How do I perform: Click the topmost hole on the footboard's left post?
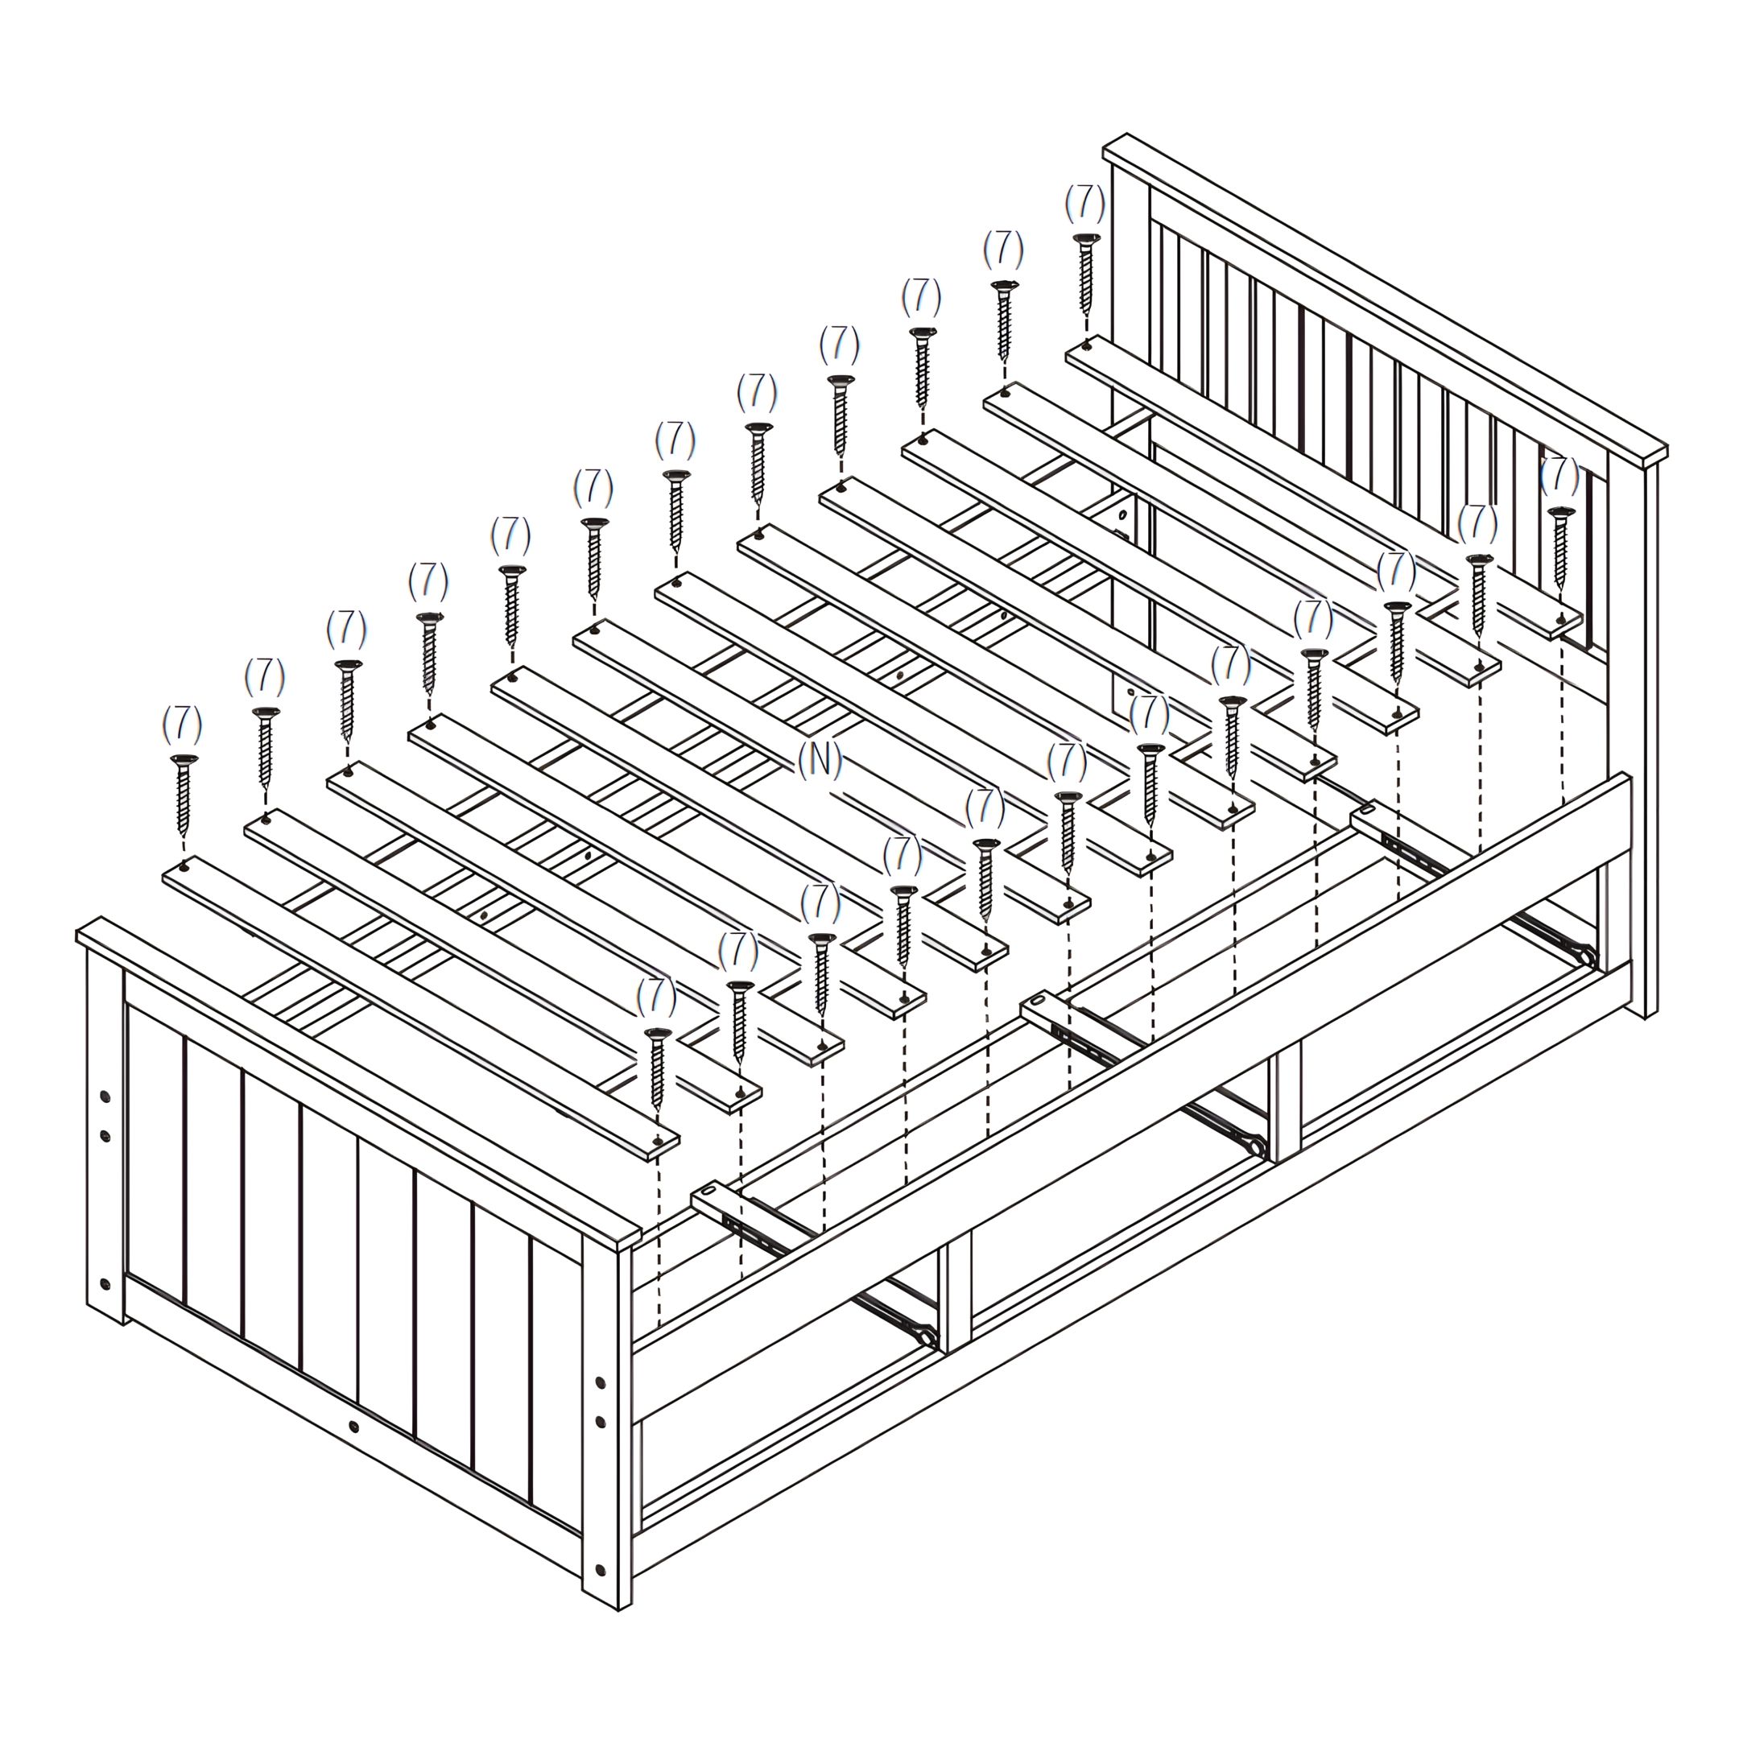point(105,1098)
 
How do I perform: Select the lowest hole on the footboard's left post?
point(105,1283)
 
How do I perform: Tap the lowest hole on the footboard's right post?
point(601,1570)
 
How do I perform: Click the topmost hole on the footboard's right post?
point(601,1382)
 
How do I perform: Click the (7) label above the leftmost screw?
point(182,725)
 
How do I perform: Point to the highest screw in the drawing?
point(1085,274)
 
